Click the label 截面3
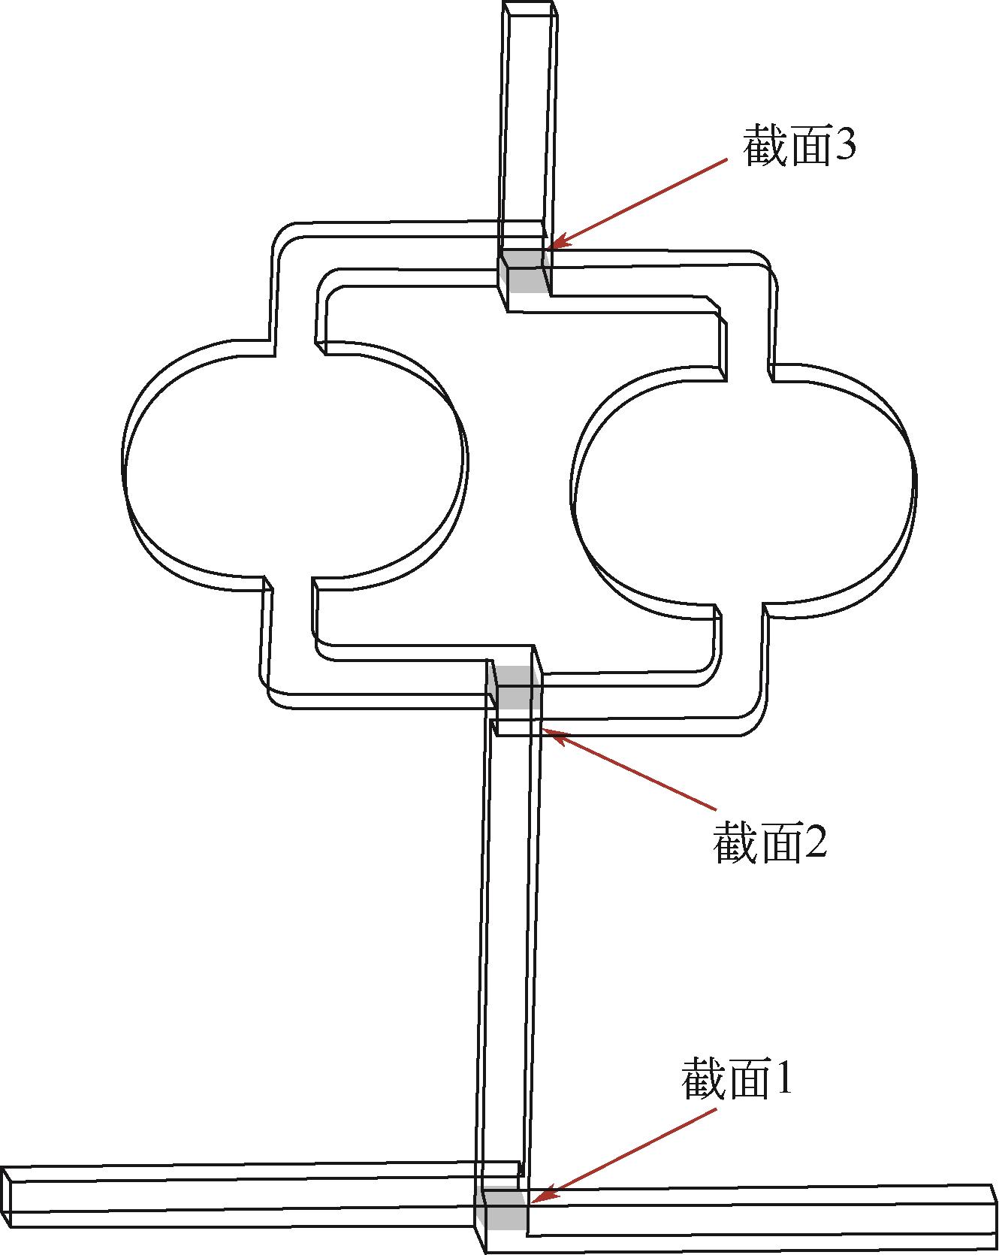799,145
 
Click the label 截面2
770,841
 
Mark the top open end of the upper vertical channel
530,10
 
